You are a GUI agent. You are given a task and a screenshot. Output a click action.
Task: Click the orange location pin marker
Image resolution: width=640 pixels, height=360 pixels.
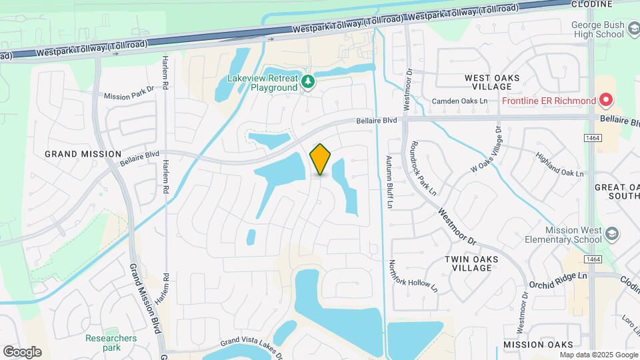click(x=321, y=159)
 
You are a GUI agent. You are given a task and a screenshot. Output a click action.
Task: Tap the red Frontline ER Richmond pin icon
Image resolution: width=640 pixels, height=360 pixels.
click(x=606, y=101)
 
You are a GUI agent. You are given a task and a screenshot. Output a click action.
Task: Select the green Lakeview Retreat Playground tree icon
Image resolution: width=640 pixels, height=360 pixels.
click(x=307, y=81)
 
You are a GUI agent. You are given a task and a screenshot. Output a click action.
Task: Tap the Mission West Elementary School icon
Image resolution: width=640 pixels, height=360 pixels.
click(x=613, y=233)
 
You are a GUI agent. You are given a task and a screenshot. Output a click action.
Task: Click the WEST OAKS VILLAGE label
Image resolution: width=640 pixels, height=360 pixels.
click(x=492, y=83)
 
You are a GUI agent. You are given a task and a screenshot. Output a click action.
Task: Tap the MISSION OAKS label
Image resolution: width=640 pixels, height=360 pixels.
click(x=538, y=345)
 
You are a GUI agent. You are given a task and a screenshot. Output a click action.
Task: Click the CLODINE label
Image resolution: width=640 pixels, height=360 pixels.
click(x=592, y=4)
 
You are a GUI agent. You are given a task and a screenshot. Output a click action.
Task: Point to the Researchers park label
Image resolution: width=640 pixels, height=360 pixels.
click(x=111, y=343)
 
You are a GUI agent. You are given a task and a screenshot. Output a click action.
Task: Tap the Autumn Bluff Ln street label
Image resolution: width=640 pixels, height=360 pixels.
click(x=390, y=182)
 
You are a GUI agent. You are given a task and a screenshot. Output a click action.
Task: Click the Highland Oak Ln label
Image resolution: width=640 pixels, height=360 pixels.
click(x=560, y=163)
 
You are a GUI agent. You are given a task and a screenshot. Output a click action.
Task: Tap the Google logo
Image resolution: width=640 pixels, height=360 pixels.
click(x=22, y=352)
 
